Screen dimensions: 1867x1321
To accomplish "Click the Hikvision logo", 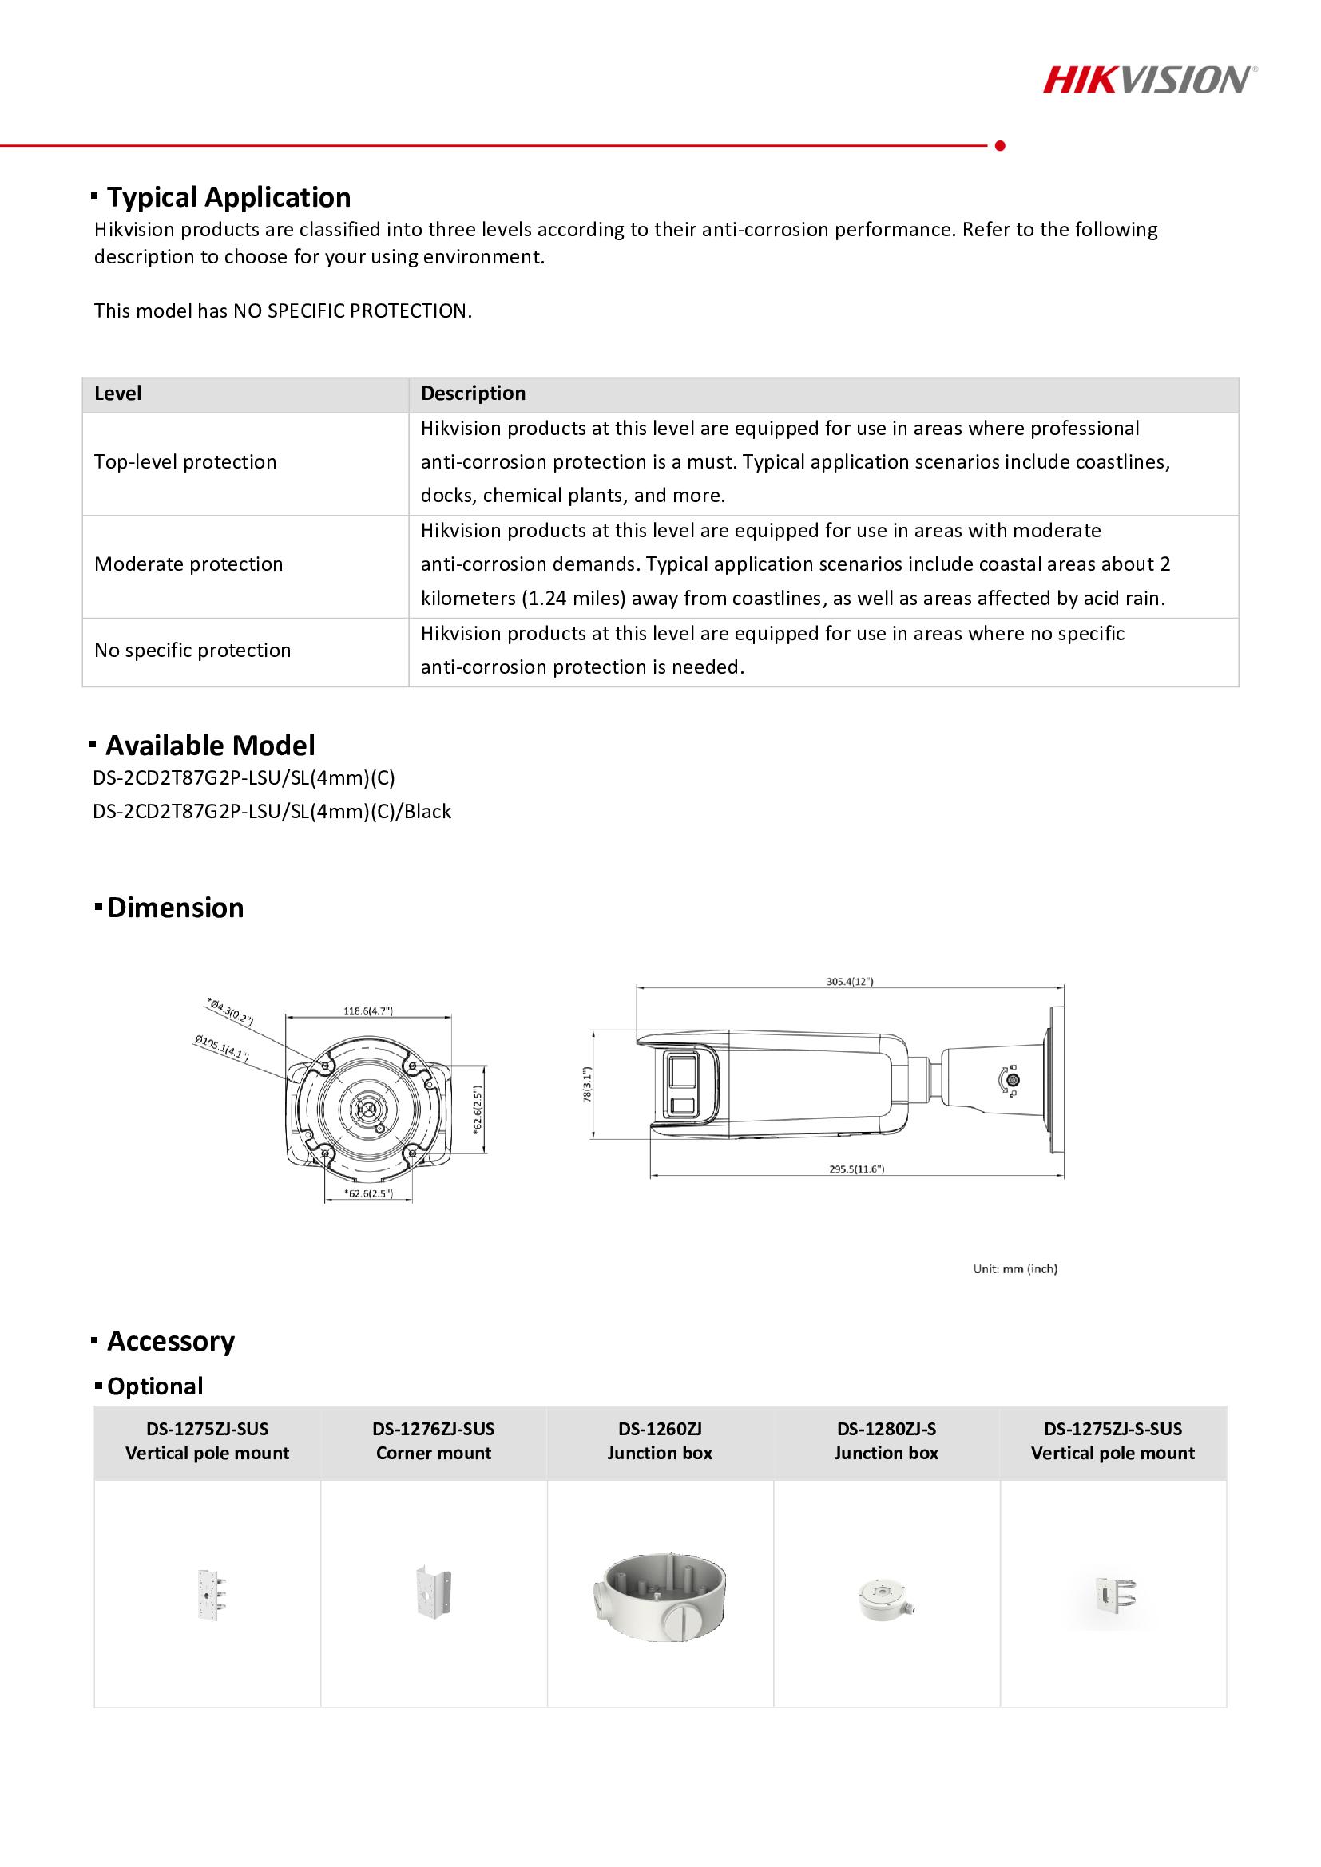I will point(1149,81).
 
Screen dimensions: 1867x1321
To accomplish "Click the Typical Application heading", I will point(228,198).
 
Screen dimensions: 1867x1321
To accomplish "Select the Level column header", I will point(118,394).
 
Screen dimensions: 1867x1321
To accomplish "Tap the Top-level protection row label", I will point(185,462).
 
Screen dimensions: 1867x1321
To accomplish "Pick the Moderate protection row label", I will point(188,564).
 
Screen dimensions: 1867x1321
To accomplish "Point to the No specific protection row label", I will point(192,651).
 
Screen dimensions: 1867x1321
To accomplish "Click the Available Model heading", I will point(210,746).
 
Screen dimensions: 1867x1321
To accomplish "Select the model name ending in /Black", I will point(272,812).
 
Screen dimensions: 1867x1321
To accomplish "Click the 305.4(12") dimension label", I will point(850,982).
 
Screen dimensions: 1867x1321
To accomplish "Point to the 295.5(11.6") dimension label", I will point(856,1169).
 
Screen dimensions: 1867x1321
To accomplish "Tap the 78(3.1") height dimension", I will point(588,1085).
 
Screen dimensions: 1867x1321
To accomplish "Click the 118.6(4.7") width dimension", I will point(368,1011).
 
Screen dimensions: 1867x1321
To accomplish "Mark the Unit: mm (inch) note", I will point(1015,1268).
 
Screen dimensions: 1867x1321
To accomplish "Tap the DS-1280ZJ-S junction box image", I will point(887,1598).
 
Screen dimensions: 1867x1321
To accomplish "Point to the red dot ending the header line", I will point(1001,146).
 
